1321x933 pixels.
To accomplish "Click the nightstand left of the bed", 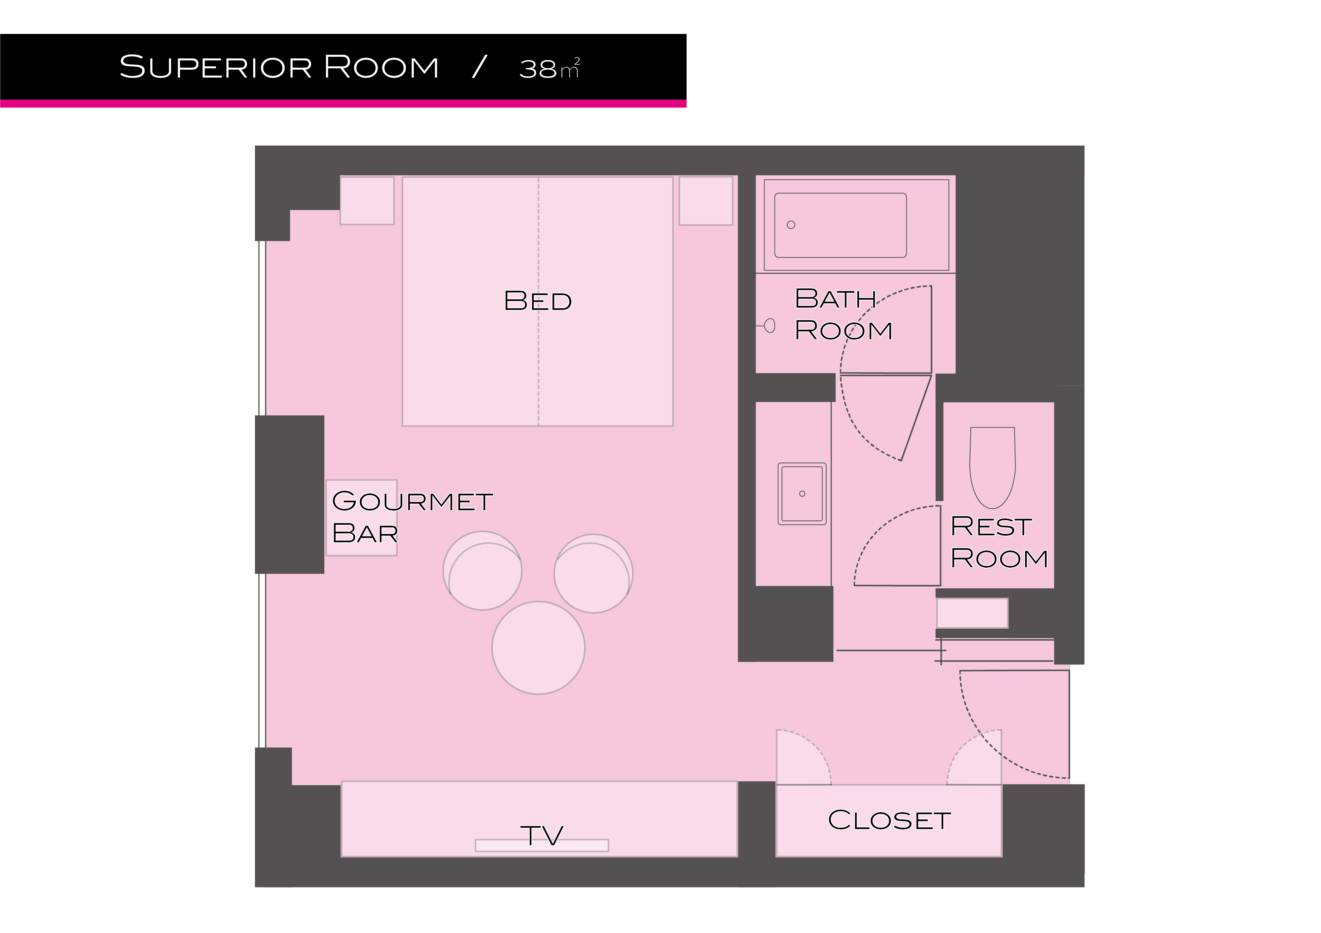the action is pos(367,200).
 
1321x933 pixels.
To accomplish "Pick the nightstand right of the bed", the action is pos(706,200).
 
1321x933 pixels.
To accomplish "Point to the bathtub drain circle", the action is pos(791,225).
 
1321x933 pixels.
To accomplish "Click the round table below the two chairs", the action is pos(539,648).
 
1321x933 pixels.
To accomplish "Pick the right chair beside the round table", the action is pos(593,574).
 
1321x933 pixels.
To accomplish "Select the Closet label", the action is pos(889,820).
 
